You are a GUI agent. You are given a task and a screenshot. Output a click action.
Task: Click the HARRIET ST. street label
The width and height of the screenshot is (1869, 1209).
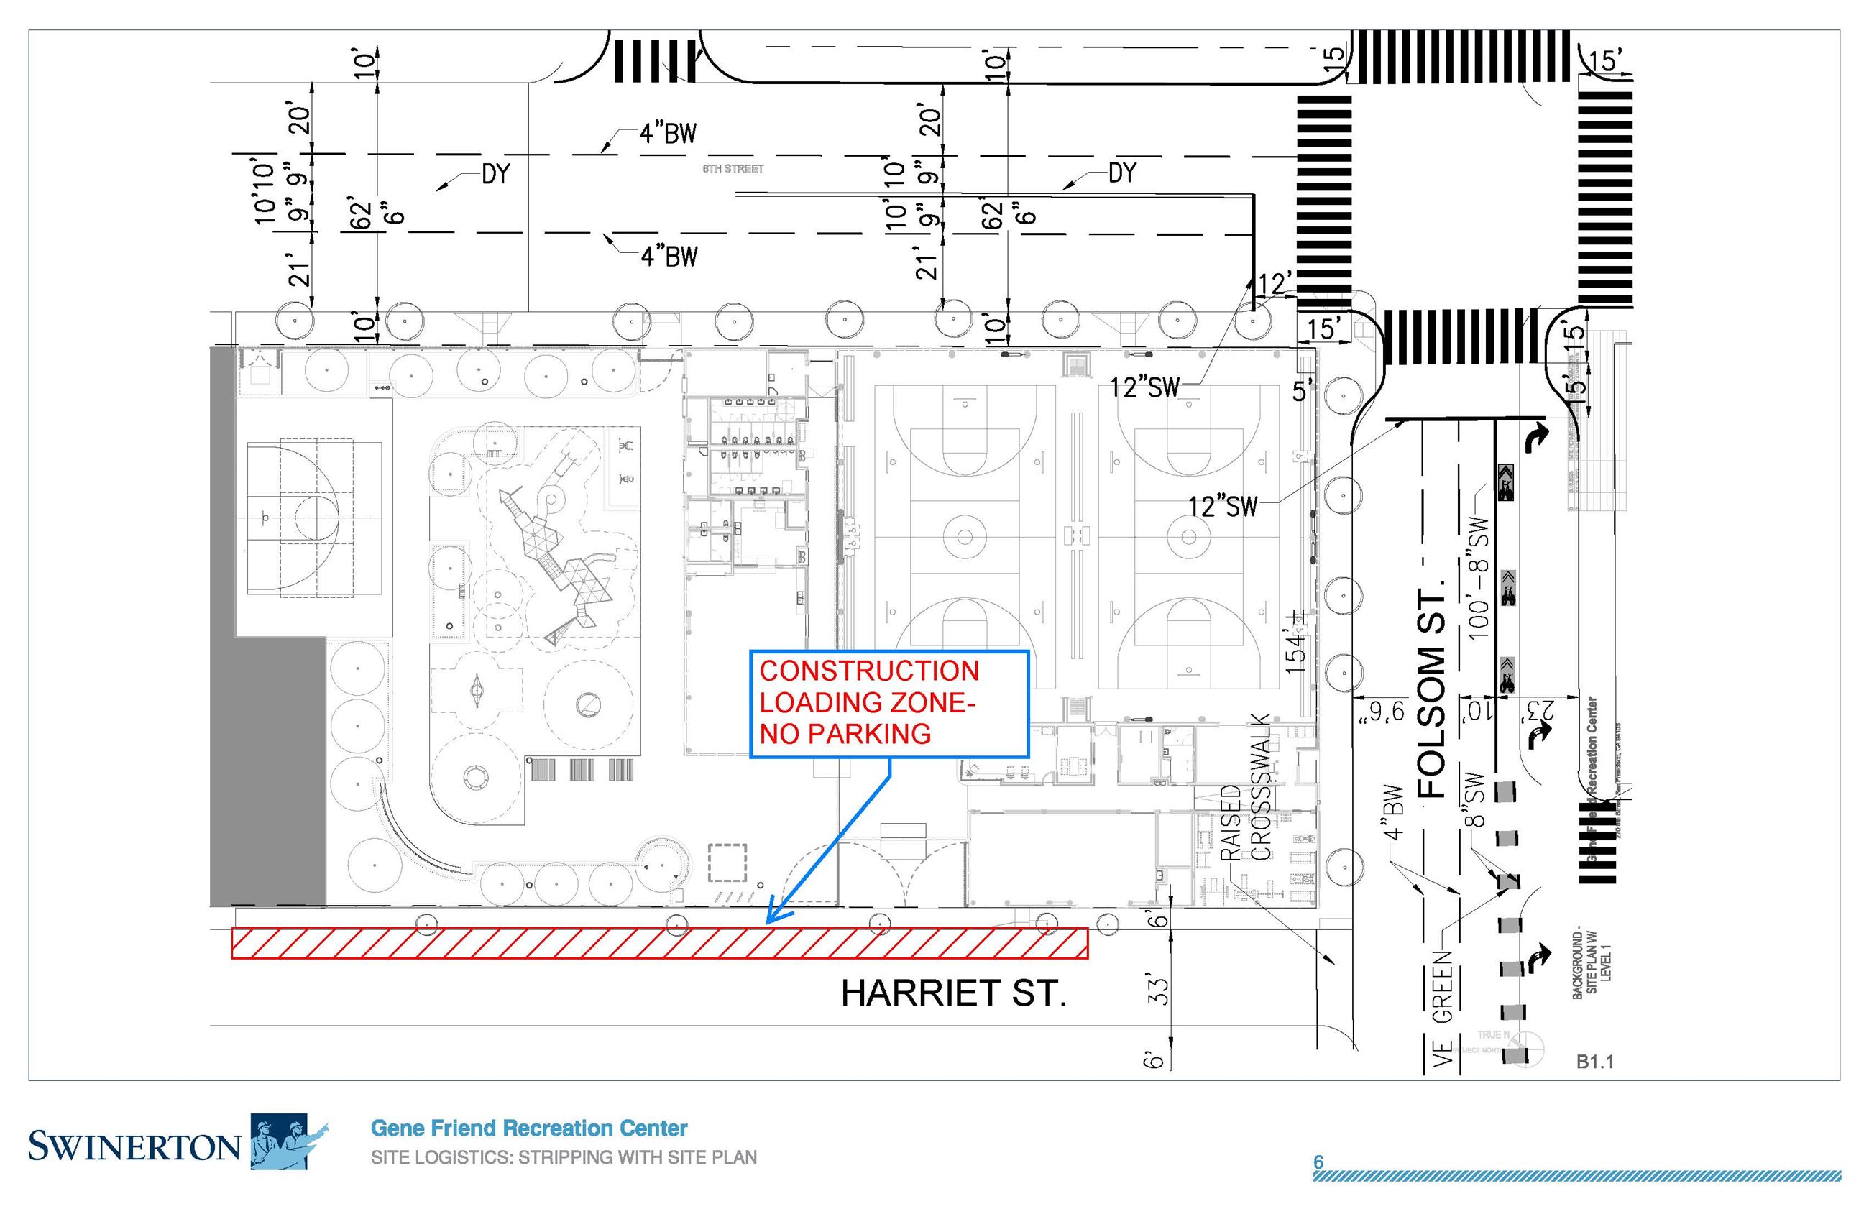(x=953, y=993)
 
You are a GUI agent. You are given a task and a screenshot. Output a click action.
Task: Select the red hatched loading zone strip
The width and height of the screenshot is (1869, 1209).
(x=659, y=944)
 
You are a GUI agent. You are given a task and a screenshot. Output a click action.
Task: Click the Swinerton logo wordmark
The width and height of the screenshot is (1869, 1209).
(x=134, y=1147)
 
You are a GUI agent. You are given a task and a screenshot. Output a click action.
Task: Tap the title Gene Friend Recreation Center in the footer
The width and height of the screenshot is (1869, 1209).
(x=528, y=1128)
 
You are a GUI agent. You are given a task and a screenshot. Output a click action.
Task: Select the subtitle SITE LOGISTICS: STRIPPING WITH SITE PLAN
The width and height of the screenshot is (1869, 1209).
(x=564, y=1157)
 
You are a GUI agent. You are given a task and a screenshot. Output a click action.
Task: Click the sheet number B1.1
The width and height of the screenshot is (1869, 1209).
(x=1594, y=1062)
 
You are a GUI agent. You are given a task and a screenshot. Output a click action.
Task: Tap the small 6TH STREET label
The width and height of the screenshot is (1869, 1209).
(x=733, y=169)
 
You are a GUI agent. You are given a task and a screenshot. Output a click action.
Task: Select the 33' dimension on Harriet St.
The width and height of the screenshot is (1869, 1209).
(x=1159, y=990)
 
